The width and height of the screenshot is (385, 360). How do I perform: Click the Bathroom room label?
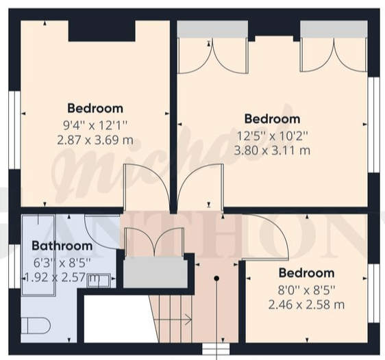(62, 246)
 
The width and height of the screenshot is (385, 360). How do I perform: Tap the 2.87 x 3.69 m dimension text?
(95, 140)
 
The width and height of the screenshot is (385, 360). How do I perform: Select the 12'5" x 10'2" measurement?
(272, 136)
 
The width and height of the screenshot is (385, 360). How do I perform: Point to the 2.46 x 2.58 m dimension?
(306, 305)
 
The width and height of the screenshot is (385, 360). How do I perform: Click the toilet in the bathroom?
(36, 326)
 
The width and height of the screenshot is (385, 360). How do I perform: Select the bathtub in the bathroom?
(38, 255)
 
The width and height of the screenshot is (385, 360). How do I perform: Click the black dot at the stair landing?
(216, 279)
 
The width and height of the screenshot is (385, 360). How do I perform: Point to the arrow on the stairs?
(173, 320)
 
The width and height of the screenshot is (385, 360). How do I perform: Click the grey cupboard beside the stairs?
(156, 272)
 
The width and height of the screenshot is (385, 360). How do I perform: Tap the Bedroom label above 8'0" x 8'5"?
(306, 273)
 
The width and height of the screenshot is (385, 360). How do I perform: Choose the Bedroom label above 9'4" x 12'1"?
(95, 108)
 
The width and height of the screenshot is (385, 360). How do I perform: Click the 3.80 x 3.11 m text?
(272, 151)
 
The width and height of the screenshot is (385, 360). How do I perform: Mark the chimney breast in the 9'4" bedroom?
(101, 31)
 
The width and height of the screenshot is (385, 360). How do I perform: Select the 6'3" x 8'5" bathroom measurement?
(62, 263)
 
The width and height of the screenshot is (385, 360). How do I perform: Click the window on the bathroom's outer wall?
(14, 266)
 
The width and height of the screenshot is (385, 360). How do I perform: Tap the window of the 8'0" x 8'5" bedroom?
(374, 294)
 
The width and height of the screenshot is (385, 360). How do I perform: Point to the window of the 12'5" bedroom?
(374, 125)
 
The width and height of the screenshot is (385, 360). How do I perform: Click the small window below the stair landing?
(216, 348)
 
